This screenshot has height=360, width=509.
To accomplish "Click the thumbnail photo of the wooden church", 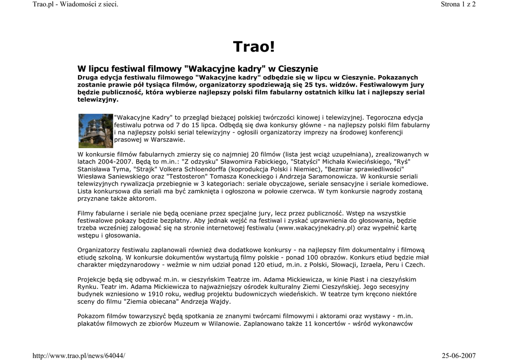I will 96,131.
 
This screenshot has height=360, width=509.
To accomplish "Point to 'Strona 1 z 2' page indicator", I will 458,4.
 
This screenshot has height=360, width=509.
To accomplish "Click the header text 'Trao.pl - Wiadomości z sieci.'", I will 75,4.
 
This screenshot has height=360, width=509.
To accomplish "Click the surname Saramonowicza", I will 330,176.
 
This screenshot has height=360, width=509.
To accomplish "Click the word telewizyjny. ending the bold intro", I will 98,99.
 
